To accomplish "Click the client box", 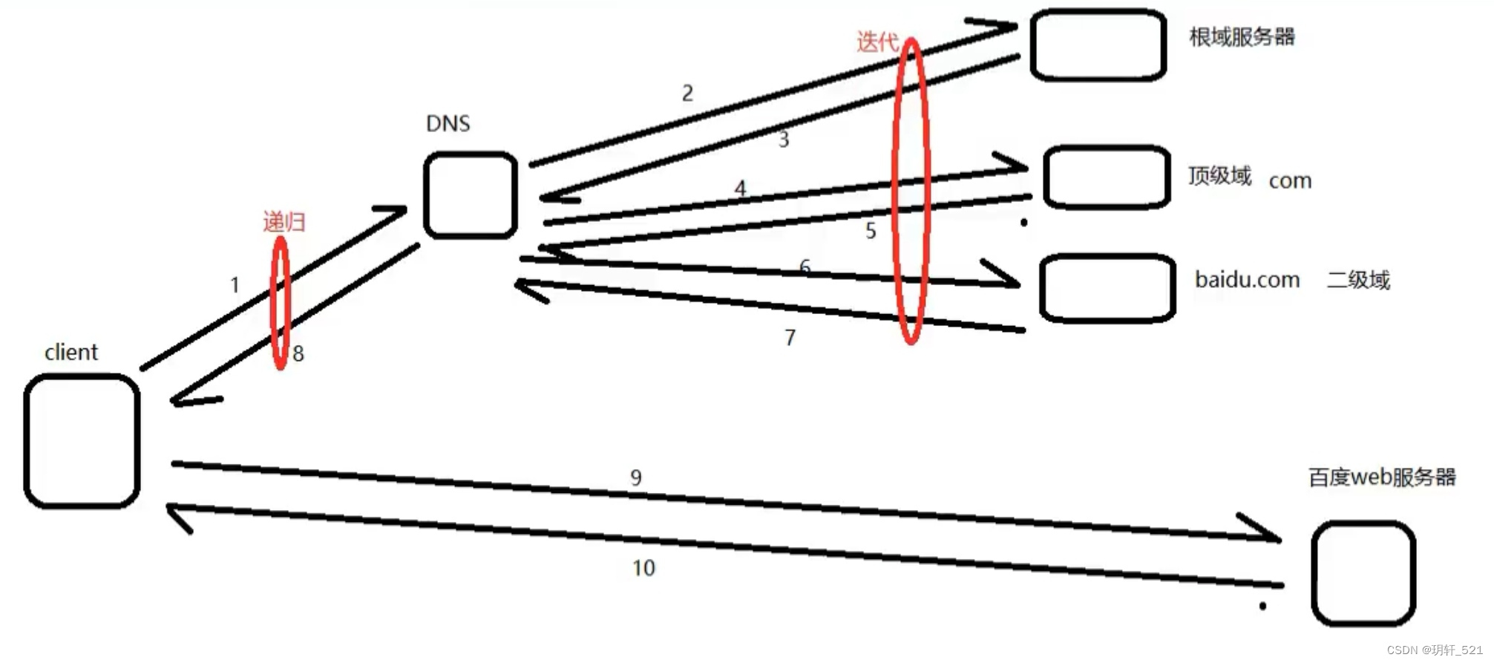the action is (x=82, y=441).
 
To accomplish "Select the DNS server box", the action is (x=471, y=195).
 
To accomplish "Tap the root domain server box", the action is (x=1098, y=45).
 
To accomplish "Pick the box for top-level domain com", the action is (x=1107, y=177).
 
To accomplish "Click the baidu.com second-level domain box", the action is (x=1107, y=288).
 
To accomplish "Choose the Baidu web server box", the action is (x=1363, y=573).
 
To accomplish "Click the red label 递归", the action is (x=284, y=221).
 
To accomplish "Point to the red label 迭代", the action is (x=877, y=42).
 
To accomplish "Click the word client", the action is (x=71, y=352).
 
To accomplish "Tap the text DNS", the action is (x=448, y=123).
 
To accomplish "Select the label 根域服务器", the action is (x=1242, y=37).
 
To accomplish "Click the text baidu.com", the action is (x=1247, y=280).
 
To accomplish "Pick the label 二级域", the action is (x=1358, y=280).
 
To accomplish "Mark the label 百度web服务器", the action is (x=1382, y=477).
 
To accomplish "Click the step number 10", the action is (x=643, y=568).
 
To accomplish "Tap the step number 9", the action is (x=636, y=477).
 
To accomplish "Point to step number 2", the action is (x=688, y=94).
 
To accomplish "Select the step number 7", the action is (x=790, y=338).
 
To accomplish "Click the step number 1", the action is (x=235, y=285).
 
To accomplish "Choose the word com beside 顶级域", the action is (x=1290, y=180).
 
